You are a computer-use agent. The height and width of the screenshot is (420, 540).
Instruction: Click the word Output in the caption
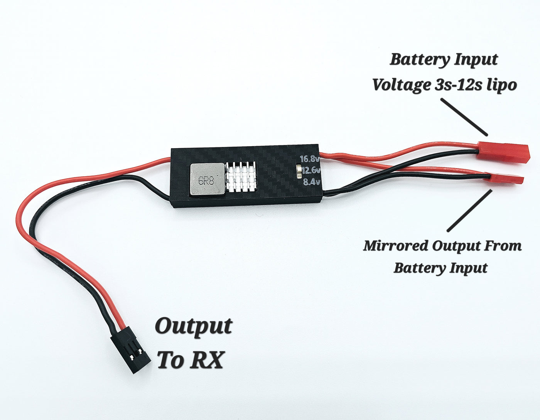coord(193,326)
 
